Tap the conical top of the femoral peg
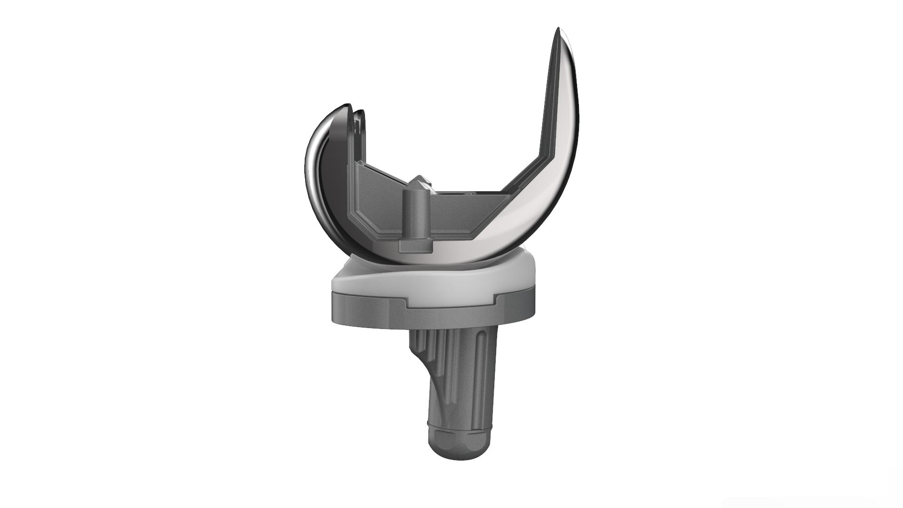(x=417, y=183)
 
